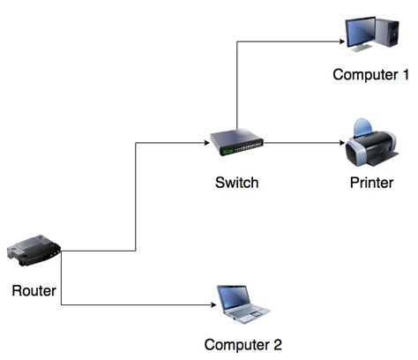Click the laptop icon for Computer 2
point(243,303)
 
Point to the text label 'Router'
point(34,290)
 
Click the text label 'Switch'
point(236,184)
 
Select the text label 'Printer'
point(371,184)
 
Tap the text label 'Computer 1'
point(370,74)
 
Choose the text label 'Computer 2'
point(243,344)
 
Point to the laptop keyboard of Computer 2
point(247,311)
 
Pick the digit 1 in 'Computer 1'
point(404,74)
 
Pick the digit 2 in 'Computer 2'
point(276,344)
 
